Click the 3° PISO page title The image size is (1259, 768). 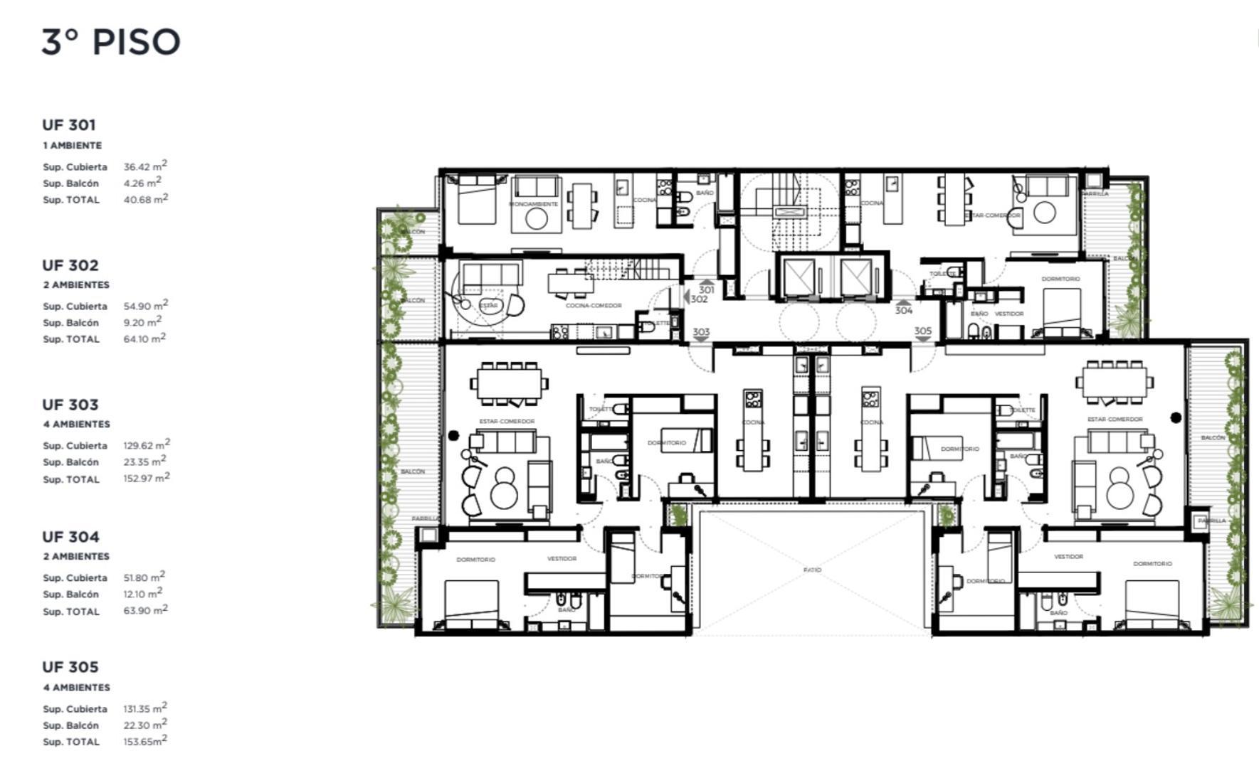click(x=110, y=42)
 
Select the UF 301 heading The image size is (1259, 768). click(x=68, y=125)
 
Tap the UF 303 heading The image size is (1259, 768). click(x=69, y=405)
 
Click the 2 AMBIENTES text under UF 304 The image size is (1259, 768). click(x=76, y=556)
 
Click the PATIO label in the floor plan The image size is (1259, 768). click(x=812, y=570)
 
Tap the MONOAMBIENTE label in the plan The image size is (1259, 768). click(x=534, y=204)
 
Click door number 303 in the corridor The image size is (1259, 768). click(x=701, y=332)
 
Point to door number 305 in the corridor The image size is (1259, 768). click(x=922, y=331)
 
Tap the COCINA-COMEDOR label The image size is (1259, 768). click(x=594, y=306)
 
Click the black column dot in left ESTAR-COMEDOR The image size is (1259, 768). click(x=453, y=435)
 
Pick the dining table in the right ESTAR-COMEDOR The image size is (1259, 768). click(x=1115, y=383)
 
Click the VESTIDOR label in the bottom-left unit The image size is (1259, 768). click(x=562, y=559)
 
